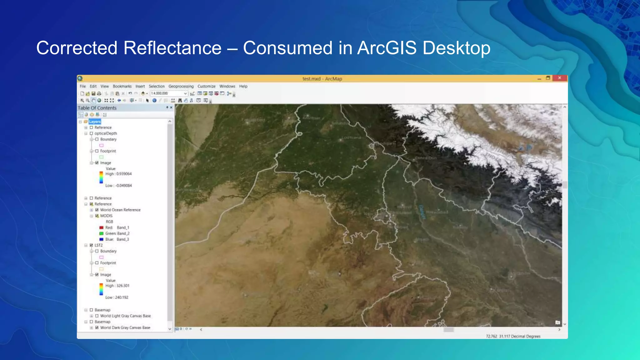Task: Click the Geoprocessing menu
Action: pyautogui.click(x=181, y=86)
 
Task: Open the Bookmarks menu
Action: pyautogui.click(x=122, y=86)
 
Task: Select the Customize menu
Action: pyautogui.click(x=206, y=86)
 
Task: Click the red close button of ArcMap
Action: pyautogui.click(x=560, y=78)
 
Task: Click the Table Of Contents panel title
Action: pyautogui.click(x=97, y=108)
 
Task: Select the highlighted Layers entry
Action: pyautogui.click(x=95, y=122)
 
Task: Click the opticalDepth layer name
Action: pyautogui.click(x=106, y=133)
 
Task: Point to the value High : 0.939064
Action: pyautogui.click(x=118, y=174)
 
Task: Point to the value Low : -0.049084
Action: pyautogui.click(x=118, y=186)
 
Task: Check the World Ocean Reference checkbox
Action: pyautogui.click(x=97, y=210)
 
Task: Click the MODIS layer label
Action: pyautogui.click(x=106, y=216)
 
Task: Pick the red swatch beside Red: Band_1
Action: pyautogui.click(x=101, y=228)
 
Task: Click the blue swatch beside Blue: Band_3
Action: pyautogui.click(x=101, y=239)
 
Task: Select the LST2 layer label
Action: pyautogui.click(x=98, y=245)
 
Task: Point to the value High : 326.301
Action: pyautogui.click(x=117, y=286)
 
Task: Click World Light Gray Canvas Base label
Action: pyautogui.click(x=125, y=316)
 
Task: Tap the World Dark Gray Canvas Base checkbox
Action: pyautogui.click(x=97, y=328)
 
